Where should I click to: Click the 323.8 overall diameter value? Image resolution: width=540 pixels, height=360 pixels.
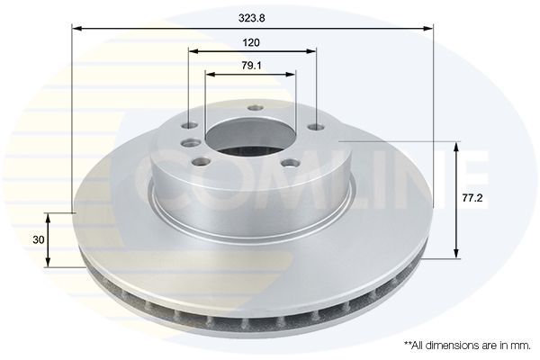(x=252, y=18)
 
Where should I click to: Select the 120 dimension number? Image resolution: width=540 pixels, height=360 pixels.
(x=251, y=42)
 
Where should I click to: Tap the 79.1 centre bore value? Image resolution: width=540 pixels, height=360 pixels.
(x=251, y=65)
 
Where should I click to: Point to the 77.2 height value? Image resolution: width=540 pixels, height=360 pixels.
(x=472, y=198)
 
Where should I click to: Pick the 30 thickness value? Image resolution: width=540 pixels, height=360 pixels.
(x=39, y=239)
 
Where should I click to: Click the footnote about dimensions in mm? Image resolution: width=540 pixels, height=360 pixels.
(x=467, y=346)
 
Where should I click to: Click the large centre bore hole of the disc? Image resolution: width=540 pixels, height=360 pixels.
(x=250, y=138)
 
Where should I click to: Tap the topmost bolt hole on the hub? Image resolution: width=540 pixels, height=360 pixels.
(x=256, y=108)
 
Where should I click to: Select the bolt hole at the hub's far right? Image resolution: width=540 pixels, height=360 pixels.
(x=317, y=128)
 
